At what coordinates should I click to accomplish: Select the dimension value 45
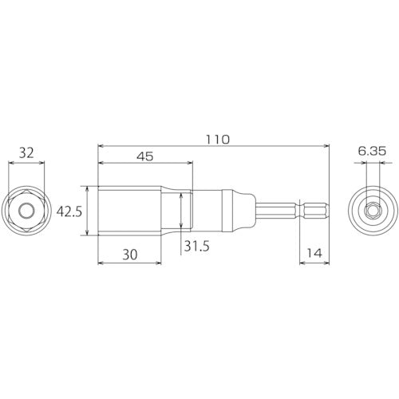point(144,158)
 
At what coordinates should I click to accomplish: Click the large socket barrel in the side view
point(132,210)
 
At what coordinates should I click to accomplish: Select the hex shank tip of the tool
point(311,210)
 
